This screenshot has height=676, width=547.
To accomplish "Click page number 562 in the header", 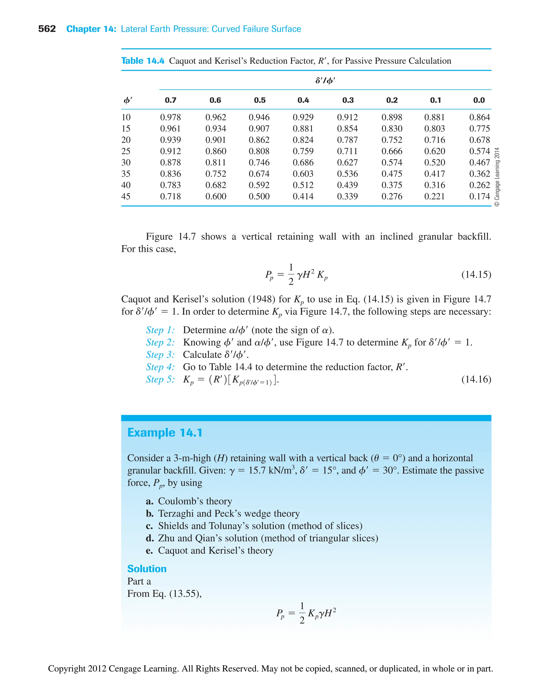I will (x=47, y=29).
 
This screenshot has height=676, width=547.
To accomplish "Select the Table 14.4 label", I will (x=143, y=61).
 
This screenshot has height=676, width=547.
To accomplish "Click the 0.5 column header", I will (x=260, y=100).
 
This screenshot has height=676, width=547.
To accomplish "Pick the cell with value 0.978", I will (x=170, y=117).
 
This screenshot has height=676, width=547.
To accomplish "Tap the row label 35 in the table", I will (x=126, y=174).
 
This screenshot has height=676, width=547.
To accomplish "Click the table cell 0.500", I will (x=259, y=196).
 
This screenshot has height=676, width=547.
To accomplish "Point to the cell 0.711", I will (x=347, y=151).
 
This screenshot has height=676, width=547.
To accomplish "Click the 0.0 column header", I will (x=479, y=100).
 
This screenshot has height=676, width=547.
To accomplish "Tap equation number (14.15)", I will (x=476, y=274).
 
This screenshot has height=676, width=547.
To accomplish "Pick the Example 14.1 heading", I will (x=165, y=433).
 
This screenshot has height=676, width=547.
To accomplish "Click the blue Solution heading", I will (x=147, y=569).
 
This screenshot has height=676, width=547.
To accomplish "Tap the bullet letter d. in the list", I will (x=150, y=538).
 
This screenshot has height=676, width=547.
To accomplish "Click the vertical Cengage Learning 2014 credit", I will (x=497, y=177).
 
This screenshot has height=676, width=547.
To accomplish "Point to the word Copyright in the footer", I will (x=67, y=669).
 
